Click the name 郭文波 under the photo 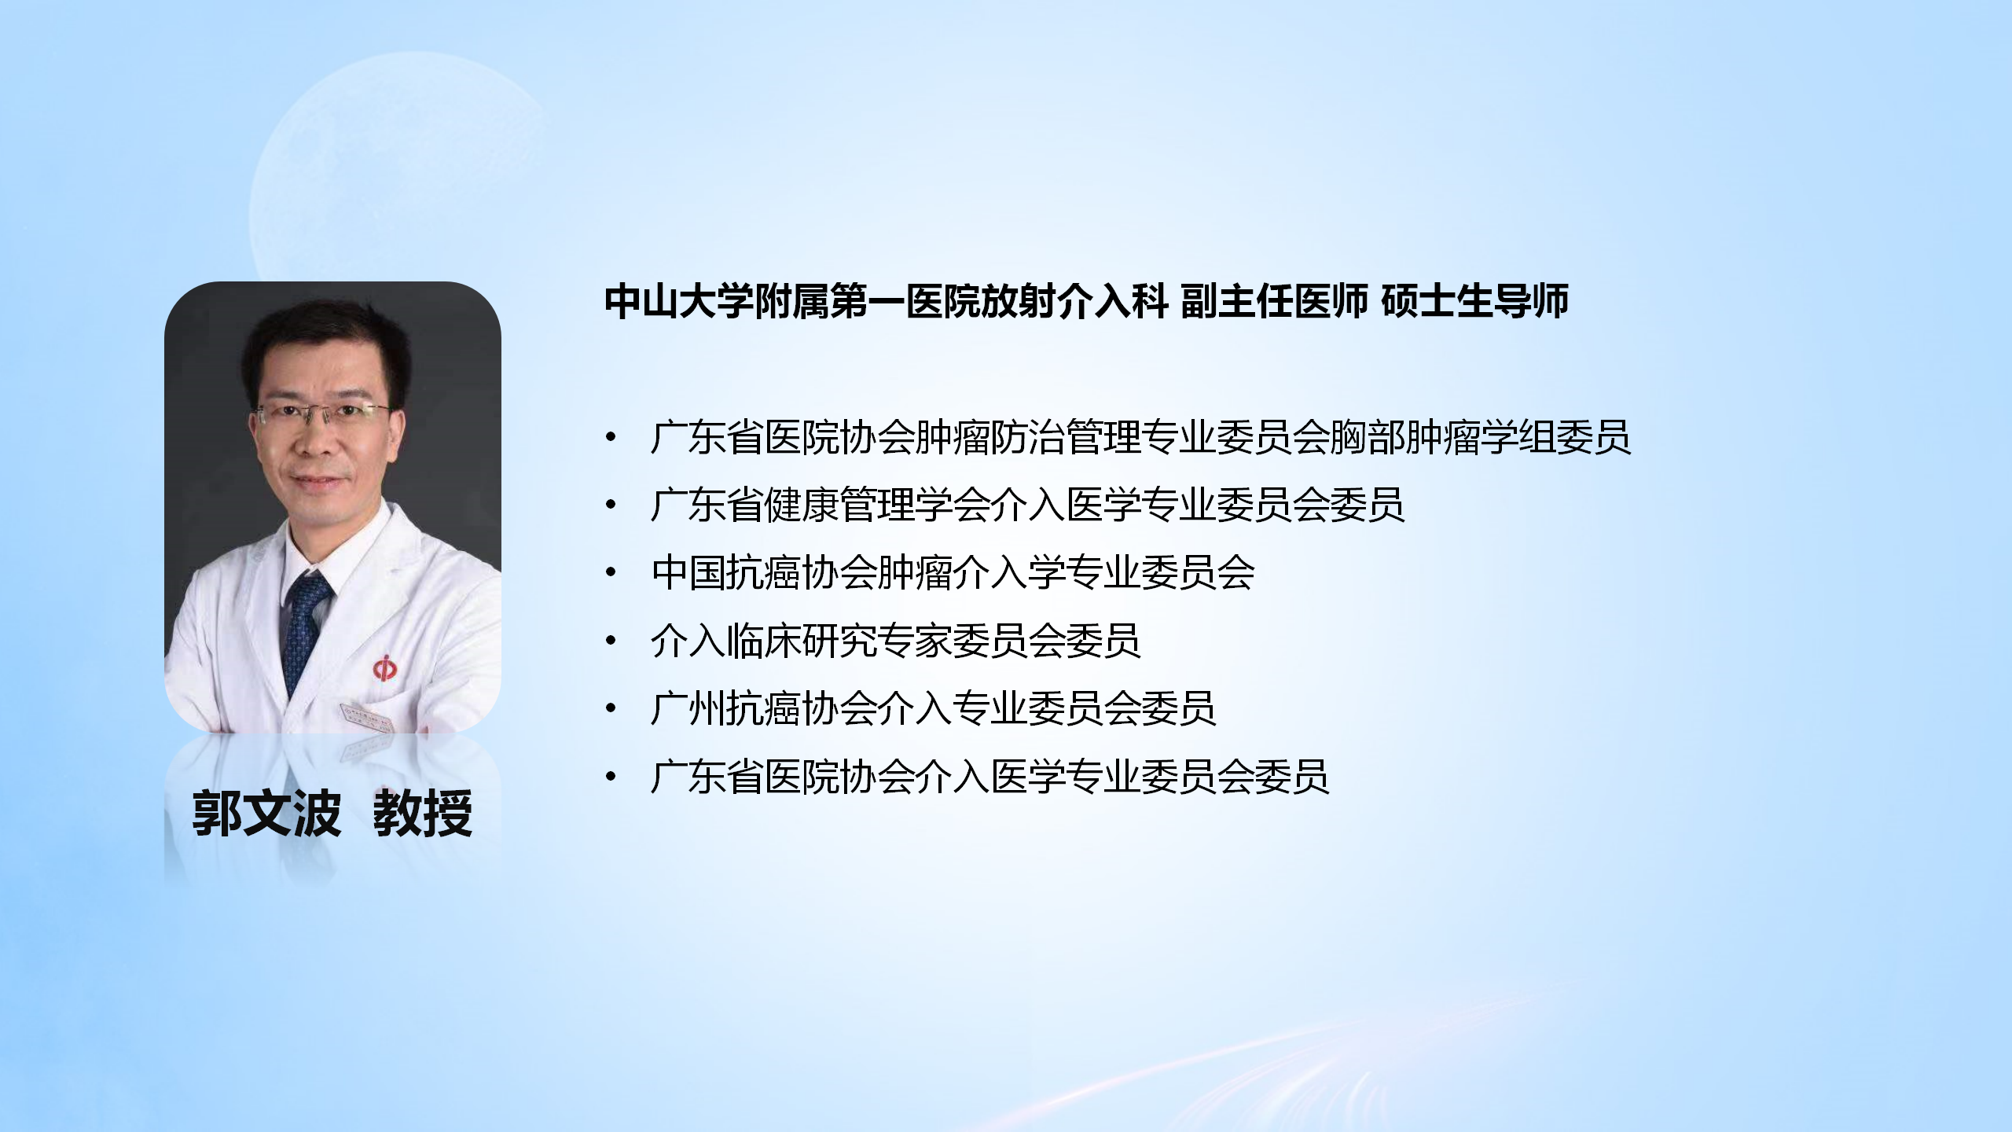266,813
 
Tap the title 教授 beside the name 423,813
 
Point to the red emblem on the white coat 384,669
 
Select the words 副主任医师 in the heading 1274,302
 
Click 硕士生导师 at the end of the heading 1474,302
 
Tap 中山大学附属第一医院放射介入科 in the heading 887,302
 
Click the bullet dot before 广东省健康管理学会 611,505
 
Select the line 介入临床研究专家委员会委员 895,641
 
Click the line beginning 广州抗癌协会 933,708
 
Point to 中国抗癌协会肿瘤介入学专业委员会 953,572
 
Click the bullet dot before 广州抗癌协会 611,709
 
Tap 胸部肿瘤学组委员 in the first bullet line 1480,437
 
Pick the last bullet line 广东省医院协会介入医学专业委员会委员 989,777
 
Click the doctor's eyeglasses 322,414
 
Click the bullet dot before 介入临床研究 611,641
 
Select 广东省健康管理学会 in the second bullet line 821,505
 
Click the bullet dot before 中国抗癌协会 611,573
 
